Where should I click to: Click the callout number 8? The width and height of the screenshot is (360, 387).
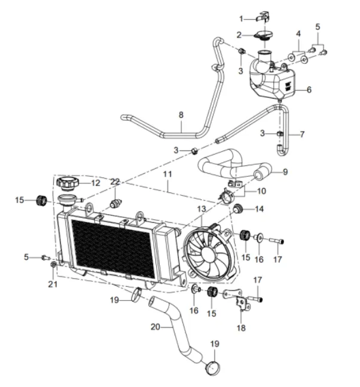(x=181, y=115)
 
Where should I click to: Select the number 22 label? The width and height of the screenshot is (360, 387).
(x=115, y=182)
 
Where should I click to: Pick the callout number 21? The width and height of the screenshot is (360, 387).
(x=53, y=284)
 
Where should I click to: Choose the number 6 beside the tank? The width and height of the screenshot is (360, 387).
(x=309, y=90)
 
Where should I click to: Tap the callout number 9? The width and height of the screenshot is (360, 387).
(x=285, y=172)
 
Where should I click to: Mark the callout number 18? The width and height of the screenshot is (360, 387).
(x=241, y=328)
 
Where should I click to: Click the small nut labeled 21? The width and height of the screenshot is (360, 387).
(x=54, y=263)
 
